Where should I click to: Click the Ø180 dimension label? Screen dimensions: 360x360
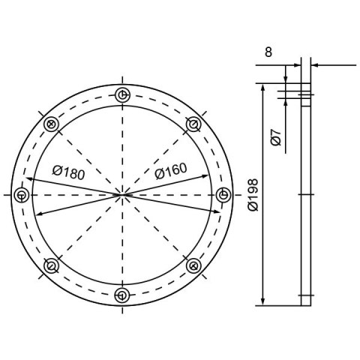tap(69, 172)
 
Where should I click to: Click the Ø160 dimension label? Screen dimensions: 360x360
tap(171, 171)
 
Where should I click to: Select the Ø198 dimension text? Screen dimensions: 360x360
tap(253, 195)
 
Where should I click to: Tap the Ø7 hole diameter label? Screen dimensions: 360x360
tap(276, 137)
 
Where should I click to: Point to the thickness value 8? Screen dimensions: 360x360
tap(268, 52)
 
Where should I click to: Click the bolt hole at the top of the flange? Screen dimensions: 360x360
tap(122, 95)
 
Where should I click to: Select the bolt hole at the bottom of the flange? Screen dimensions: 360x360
tap(122, 295)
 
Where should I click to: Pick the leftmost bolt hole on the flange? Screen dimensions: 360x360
tap(22, 195)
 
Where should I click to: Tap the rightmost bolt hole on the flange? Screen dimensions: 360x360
tap(223, 195)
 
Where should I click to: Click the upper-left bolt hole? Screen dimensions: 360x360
tap(51, 124)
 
